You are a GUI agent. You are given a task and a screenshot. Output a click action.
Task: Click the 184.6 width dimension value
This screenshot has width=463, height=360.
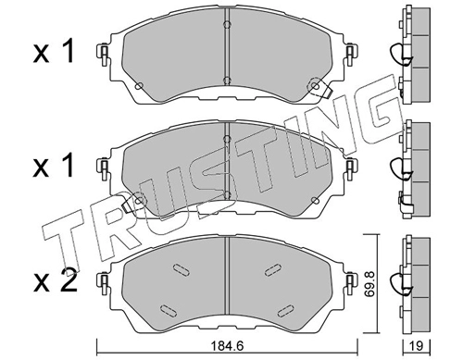click(227, 346)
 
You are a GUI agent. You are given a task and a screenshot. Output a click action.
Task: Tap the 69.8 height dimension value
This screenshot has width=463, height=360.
click(369, 284)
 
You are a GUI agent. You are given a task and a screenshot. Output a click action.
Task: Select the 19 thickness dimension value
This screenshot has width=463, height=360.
click(417, 346)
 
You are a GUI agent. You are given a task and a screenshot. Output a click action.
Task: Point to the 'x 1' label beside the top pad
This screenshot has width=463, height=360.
click(54, 53)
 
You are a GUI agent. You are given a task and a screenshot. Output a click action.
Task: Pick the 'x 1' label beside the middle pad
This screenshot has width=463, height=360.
click(54, 167)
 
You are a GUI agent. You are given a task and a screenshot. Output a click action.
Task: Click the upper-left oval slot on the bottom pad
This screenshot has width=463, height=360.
click(181, 269)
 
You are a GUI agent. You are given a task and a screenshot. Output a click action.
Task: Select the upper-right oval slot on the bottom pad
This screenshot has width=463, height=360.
click(273, 269)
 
